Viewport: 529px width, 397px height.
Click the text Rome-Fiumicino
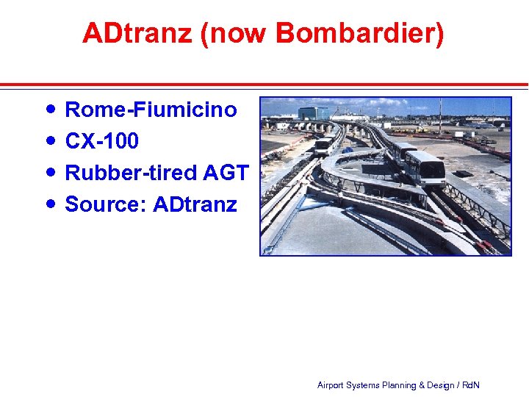pos(151,110)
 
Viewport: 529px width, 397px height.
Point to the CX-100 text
pos(101,140)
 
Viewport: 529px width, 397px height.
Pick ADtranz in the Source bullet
pos(195,204)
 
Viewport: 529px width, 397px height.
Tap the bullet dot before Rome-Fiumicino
pos(49,110)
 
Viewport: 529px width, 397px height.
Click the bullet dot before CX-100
pos(49,140)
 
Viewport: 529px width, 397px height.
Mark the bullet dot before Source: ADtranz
pos(49,203)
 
